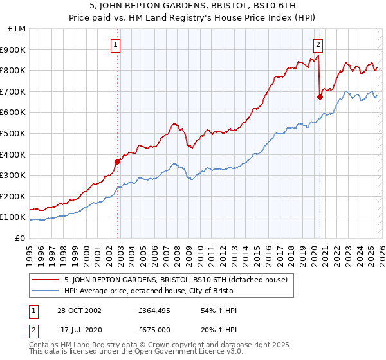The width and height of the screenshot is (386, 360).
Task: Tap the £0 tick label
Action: (21, 238)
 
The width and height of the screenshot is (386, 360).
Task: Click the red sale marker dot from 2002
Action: (118, 161)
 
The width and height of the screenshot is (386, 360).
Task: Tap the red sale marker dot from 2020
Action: (320, 96)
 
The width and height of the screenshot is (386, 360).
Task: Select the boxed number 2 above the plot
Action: (318, 44)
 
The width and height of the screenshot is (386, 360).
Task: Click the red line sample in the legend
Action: (46, 280)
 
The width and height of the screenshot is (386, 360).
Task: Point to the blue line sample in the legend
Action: (46, 291)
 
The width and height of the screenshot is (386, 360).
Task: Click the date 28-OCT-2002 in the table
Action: (79, 310)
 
